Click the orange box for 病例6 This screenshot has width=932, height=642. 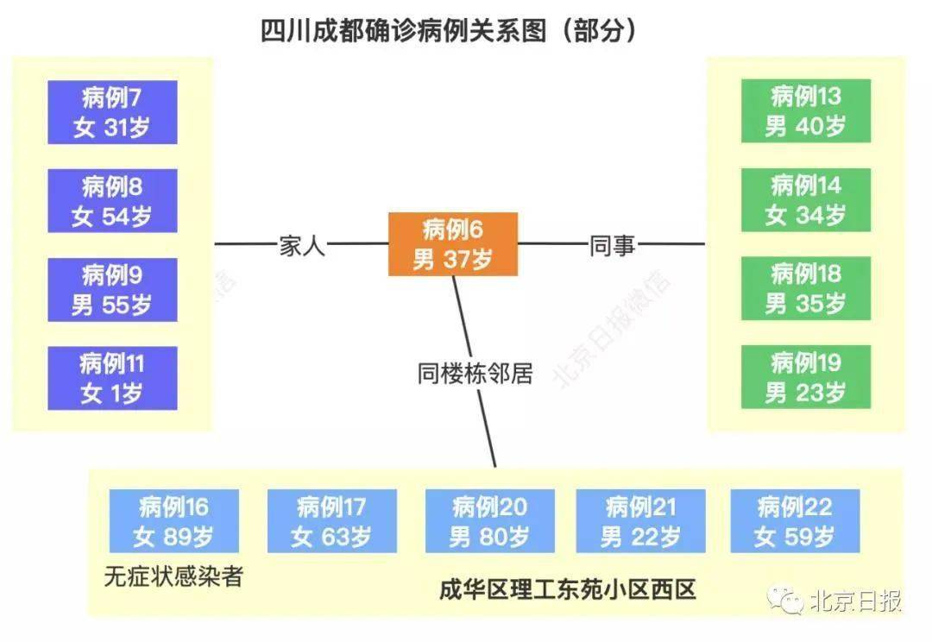[453, 243]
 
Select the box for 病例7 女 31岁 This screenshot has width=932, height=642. [112, 112]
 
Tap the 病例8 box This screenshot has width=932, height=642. [112, 201]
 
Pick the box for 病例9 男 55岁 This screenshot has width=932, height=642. [112, 289]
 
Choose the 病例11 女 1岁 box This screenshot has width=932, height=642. [112, 378]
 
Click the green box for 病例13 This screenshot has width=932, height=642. [806, 111]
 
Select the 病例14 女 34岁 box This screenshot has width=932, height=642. [806, 200]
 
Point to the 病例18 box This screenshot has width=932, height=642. [806, 288]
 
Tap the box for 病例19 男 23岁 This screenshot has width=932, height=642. [806, 377]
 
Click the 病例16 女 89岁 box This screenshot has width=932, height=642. [174, 521]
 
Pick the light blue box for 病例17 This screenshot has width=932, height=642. [332, 521]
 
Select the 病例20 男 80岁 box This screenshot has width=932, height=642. [490, 521]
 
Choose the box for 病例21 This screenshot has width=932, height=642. [640, 521]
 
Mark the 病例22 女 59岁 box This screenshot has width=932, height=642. [796, 521]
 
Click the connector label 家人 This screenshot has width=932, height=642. [303, 245]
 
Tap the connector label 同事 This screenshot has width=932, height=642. [612, 245]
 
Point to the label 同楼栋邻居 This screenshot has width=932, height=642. [475, 374]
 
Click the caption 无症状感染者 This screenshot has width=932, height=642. [173, 576]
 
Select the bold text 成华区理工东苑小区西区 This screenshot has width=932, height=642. [568, 589]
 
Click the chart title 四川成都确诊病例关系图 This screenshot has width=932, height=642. [404, 30]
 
